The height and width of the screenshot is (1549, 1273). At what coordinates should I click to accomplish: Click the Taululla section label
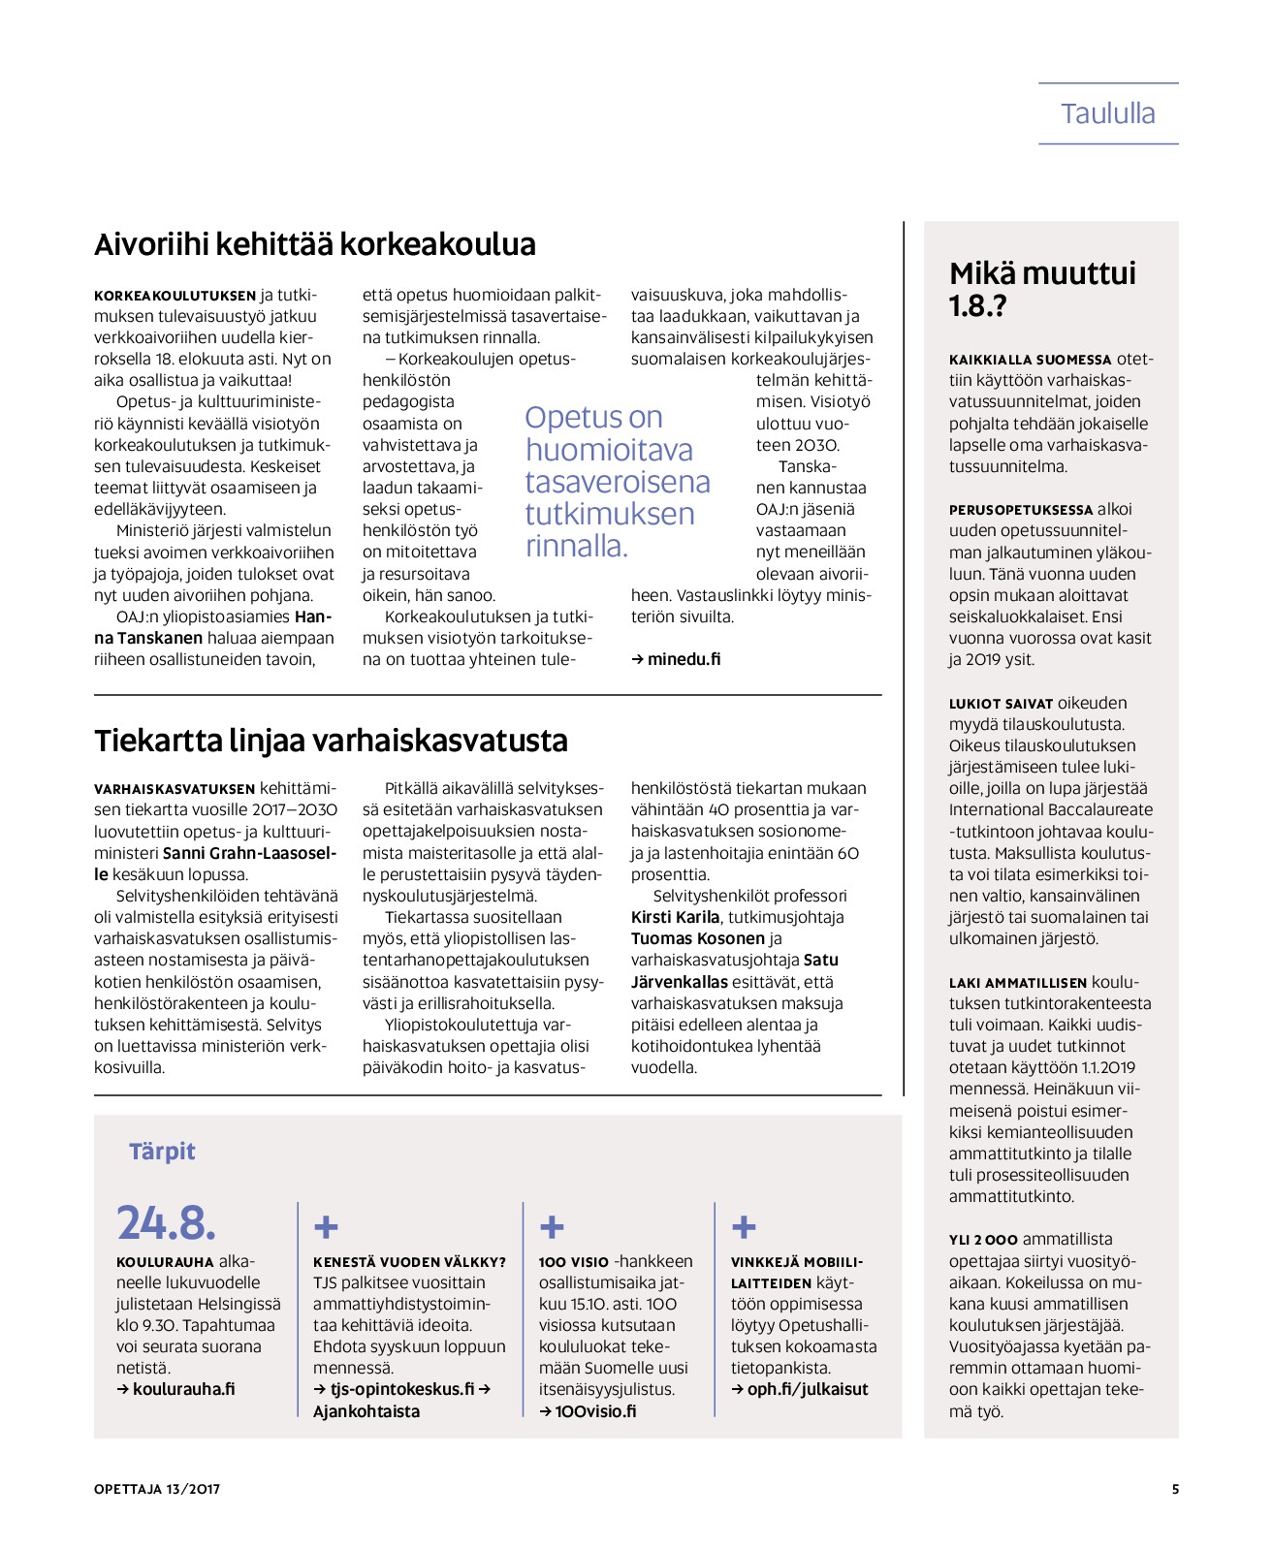[1107, 114]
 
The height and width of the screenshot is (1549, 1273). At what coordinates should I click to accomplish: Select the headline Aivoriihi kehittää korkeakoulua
[314, 244]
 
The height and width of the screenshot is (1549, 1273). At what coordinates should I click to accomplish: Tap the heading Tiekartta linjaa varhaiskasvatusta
[331, 741]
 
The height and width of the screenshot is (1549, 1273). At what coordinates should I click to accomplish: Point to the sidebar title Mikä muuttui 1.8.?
[1042, 289]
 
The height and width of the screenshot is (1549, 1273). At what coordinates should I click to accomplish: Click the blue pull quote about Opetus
[618, 482]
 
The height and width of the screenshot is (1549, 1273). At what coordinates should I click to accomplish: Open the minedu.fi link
[677, 659]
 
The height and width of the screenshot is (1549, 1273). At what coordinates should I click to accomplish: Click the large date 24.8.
[166, 1223]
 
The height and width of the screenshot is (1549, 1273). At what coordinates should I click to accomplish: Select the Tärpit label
[162, 1152]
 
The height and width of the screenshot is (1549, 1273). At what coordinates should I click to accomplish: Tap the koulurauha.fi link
[176, 1389]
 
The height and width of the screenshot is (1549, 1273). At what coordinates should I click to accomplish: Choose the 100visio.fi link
[589, 1411]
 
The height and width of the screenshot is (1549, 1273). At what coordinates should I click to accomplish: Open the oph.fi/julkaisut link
[801, 1389]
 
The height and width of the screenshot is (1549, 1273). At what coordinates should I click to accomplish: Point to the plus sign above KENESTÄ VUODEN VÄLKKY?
[326, 1228]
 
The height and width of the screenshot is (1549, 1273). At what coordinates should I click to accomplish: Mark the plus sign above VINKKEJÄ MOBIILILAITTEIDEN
[744, 1228]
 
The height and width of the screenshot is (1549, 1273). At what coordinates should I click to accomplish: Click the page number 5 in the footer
[1175, 1489]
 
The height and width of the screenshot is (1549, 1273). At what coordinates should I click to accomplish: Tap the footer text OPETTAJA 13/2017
[157, 1489]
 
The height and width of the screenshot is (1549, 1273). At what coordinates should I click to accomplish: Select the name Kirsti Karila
[675, 917]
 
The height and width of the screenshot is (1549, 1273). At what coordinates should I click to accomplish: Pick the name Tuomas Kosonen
[697, 938]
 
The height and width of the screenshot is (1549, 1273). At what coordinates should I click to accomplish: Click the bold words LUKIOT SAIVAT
[1001, 704]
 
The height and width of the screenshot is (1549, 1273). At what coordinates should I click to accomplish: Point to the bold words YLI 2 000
[983, 1240]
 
